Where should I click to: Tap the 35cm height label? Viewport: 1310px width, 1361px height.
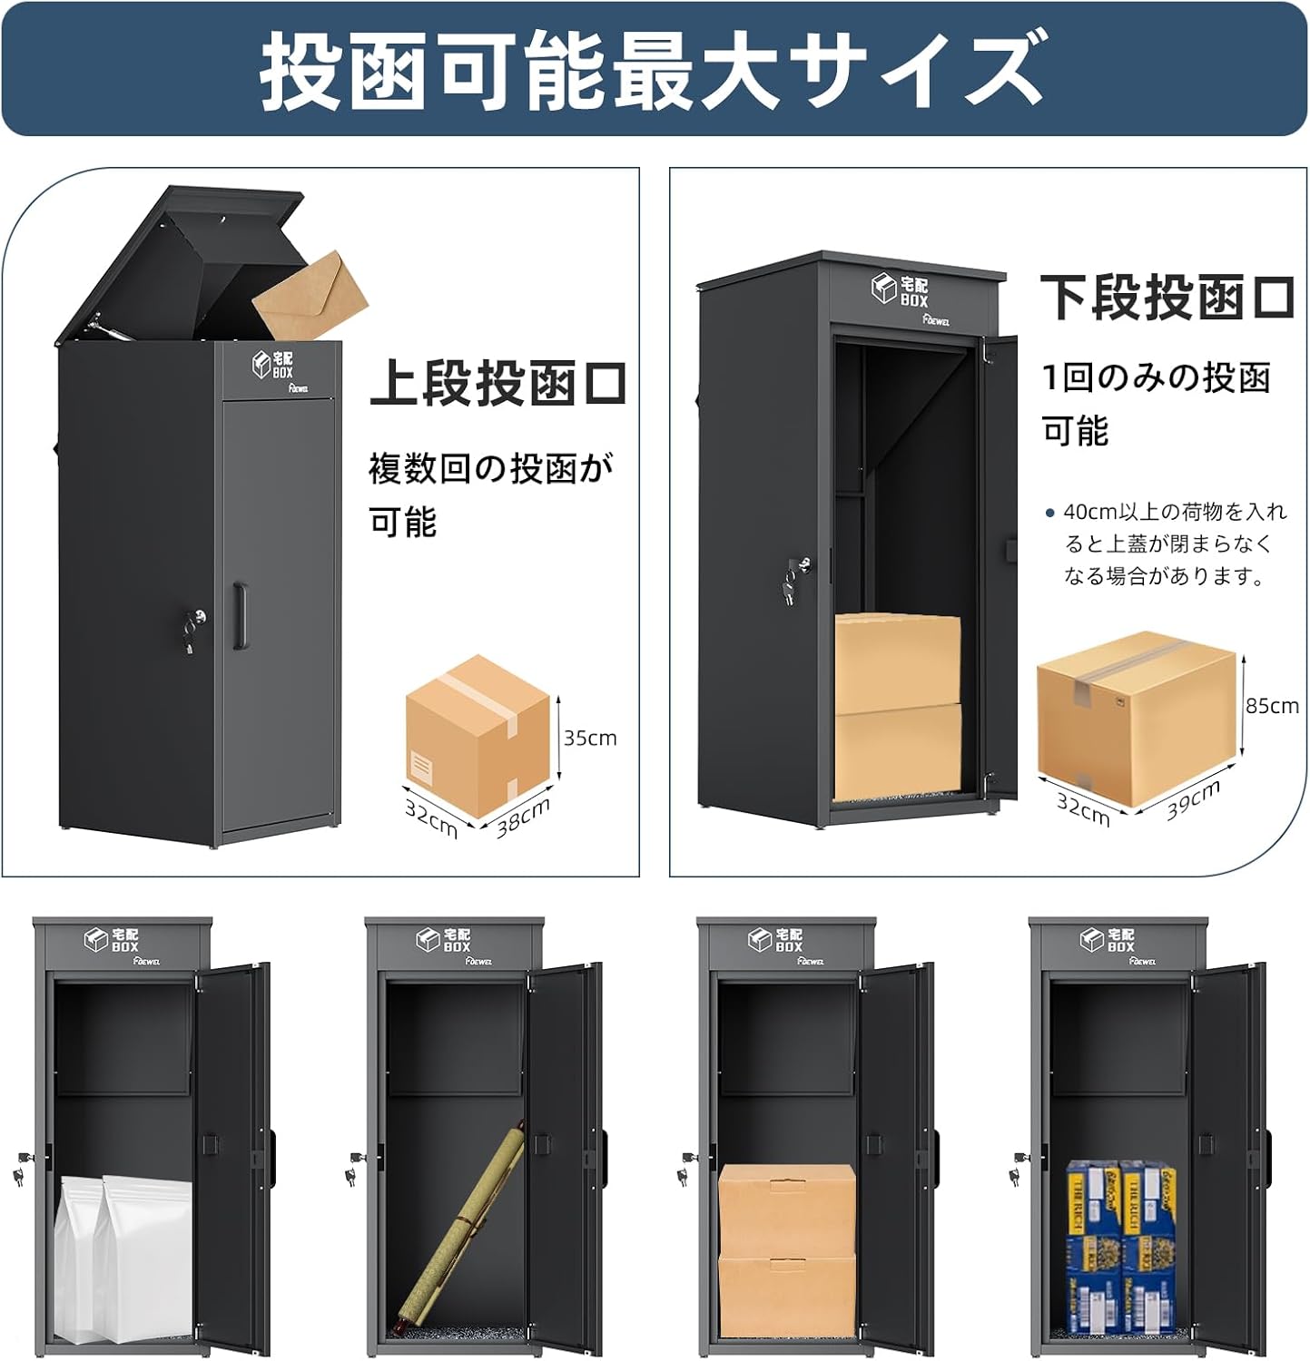point(590,738)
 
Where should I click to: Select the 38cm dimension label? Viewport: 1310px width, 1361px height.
point(523,818)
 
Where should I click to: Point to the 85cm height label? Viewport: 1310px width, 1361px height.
point(1272,705)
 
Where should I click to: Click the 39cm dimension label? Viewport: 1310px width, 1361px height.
point(1194,799)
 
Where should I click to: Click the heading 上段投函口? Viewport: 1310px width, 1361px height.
point(498,384)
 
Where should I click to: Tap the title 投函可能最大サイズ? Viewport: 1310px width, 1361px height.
point(654,69)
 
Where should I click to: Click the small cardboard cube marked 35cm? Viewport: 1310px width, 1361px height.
point(478,737)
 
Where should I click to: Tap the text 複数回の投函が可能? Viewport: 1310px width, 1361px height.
point(491,494)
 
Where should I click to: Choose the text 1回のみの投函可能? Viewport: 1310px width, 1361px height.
point(1155,403)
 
